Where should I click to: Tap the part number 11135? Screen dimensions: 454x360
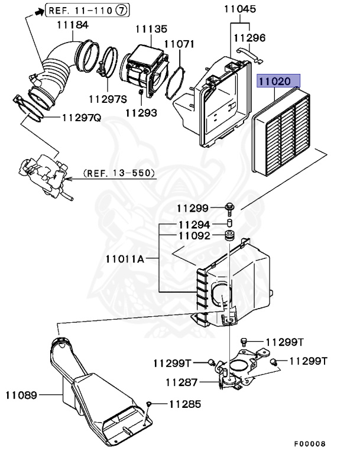pos(151,28)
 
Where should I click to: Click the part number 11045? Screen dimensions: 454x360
pos(240,9)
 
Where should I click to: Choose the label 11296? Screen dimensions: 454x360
pos(249,37)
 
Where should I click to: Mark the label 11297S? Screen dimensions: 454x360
pos(108,99)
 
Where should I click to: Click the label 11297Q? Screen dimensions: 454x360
pos(82,117)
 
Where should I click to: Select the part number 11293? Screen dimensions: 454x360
pos(141,111)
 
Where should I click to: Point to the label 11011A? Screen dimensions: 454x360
pos(125,258)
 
